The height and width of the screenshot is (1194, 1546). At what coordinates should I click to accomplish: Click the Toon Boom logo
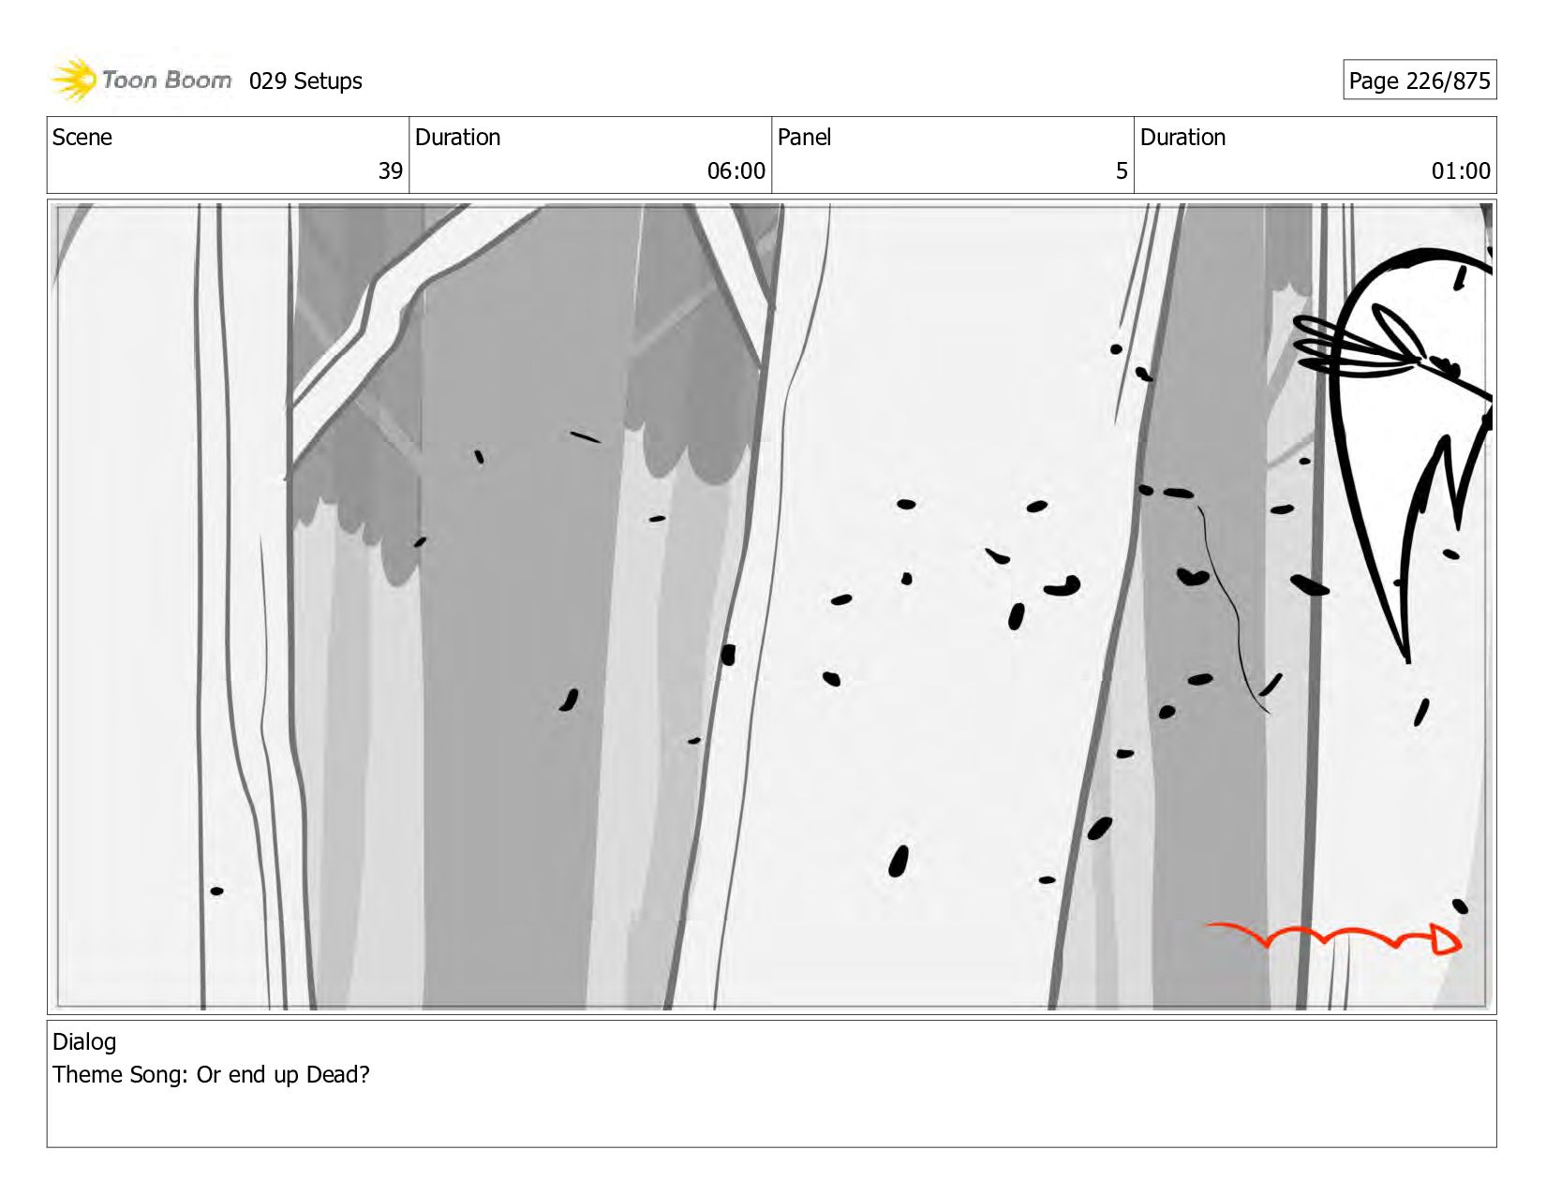(141, 80)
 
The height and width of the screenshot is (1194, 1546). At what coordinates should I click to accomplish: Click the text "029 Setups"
(305, 81)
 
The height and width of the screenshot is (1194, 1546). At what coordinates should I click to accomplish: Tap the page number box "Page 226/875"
(1420, 80)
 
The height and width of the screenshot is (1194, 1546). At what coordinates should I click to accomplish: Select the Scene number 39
(390, 170)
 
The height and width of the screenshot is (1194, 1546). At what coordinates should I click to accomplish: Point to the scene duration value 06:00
(736, 170)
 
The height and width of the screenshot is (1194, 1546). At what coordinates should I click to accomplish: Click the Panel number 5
(1122, 170)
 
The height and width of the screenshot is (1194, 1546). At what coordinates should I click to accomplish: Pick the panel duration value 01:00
(1461, 170)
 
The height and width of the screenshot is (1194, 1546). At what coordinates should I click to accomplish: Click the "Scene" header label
(82, 138)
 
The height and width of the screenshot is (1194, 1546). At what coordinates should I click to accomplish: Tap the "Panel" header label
(804, 138)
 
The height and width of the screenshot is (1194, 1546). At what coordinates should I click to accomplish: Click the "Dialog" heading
(84, 1042)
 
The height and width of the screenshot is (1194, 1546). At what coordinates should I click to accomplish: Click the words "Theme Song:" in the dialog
(120, 1074)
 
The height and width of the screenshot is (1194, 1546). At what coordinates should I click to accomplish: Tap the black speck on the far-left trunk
(217, 892)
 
